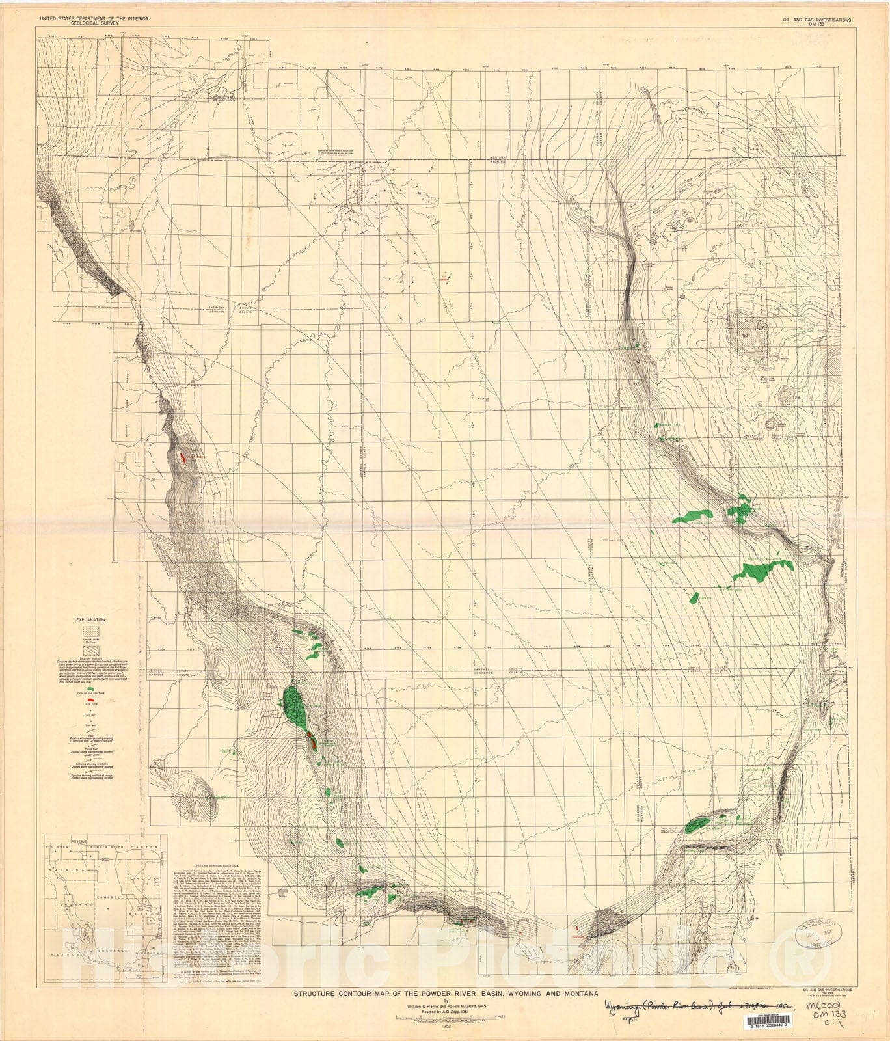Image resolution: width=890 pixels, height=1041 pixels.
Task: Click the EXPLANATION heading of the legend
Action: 91,620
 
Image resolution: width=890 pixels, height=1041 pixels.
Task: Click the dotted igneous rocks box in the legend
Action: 91,630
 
